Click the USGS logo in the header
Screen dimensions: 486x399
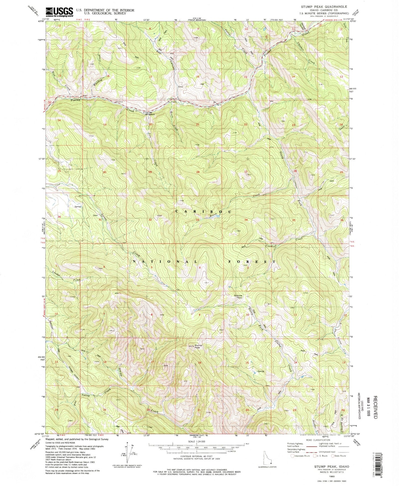click(59, 12)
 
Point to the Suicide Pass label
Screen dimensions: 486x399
click(238, 297)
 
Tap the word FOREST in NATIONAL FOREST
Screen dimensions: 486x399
click(252, 261)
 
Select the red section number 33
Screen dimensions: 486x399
click(197, 220)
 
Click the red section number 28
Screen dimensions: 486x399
click(198, 172)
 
